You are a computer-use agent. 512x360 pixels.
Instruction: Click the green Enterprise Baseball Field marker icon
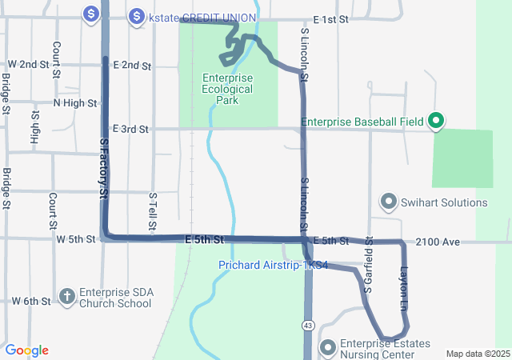[x=436, y=122]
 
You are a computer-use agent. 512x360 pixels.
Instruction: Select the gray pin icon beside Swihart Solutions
[x=389, y=201]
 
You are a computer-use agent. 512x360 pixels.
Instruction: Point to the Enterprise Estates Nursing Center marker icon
[x=326, y=347]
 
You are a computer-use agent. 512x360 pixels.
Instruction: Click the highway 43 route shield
[x=307, y=325]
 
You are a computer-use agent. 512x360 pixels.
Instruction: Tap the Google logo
[x=26, y=350]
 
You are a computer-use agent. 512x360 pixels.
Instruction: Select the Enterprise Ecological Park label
[x=229, y=89]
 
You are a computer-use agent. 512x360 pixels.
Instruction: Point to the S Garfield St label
[x=369, y=265]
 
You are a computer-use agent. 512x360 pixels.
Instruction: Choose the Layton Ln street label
[x=404, y=289]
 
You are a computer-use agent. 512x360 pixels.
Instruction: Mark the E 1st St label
[x=331, y=18]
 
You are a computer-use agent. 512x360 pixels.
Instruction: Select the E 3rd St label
[x=131, y=129]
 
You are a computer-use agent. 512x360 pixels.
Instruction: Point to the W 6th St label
[x=32, y=301]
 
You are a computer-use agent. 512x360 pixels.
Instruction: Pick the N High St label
[x=74, y=103]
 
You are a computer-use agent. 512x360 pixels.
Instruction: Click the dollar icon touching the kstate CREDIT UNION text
[x=137, y=16]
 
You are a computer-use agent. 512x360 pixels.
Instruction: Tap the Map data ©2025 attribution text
[x=478, y=354]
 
